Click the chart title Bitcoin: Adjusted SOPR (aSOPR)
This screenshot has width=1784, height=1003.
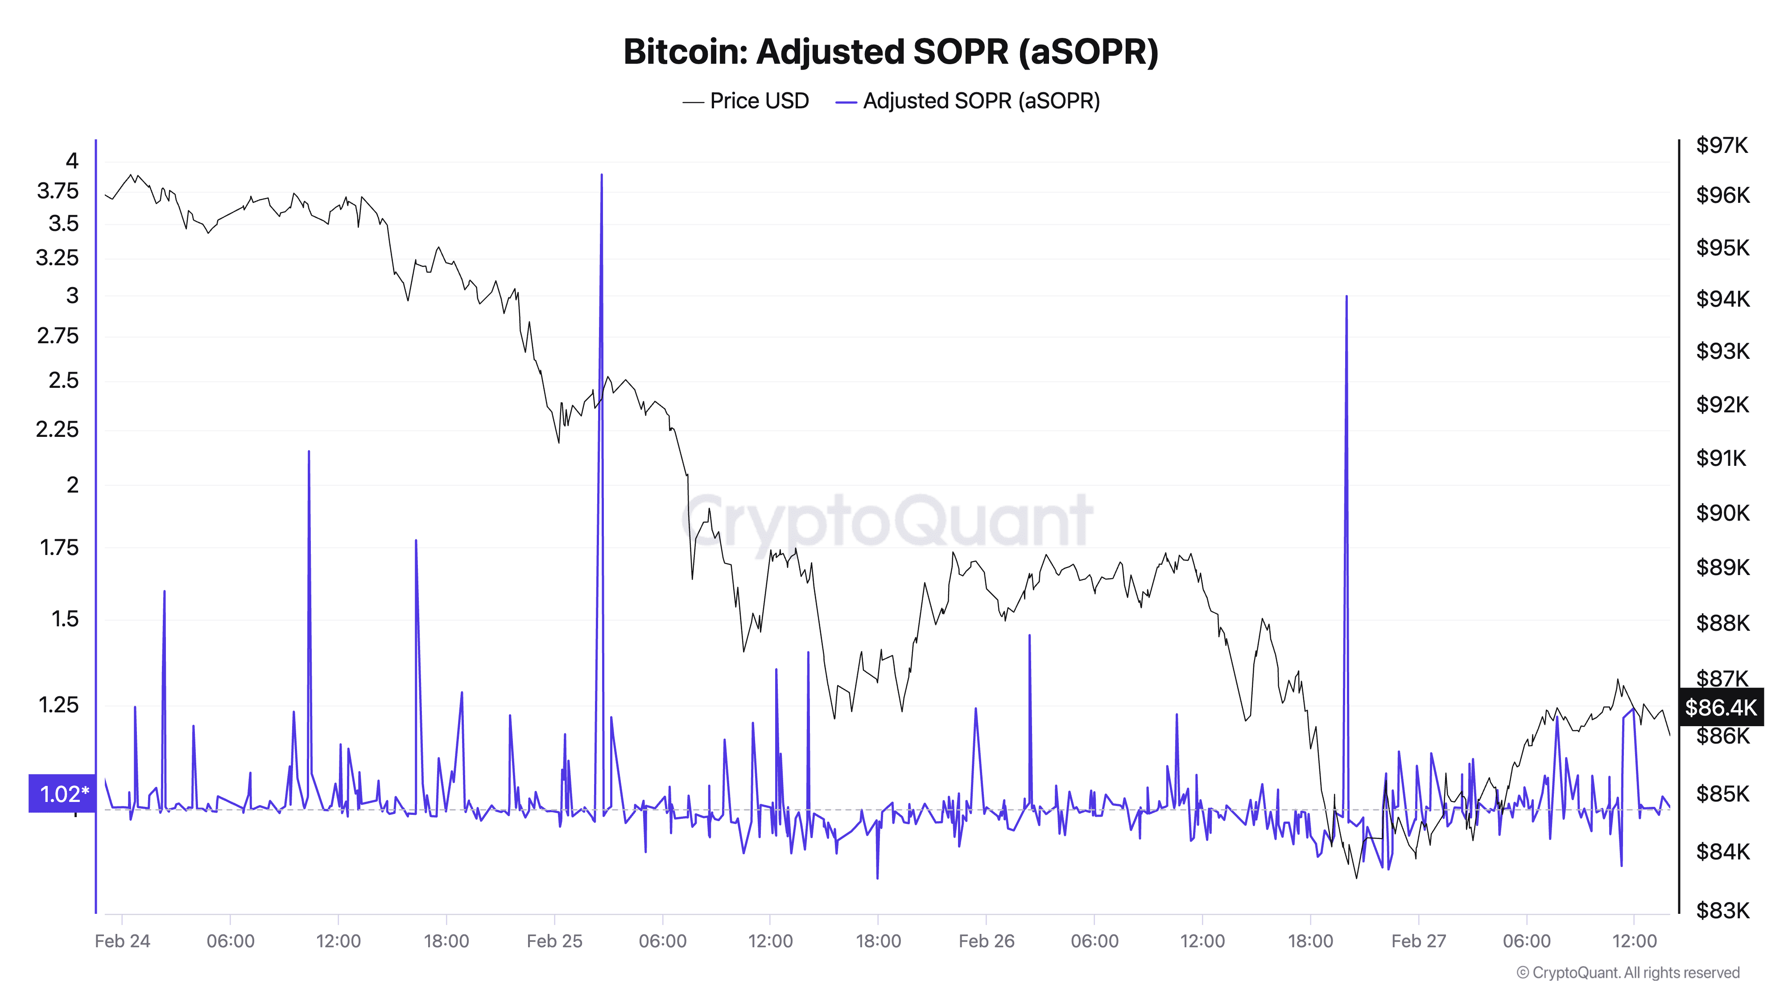(x=891, y=52)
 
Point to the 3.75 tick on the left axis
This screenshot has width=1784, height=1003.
(x=58, y=191)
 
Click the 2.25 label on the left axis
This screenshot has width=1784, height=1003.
(x=58, y=430)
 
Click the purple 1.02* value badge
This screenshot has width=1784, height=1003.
(x=62, y=793)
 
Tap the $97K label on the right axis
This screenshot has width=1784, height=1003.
(x=1722, y=145)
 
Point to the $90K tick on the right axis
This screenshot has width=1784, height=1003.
(x=1722, y=513)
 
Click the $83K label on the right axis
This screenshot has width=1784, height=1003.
(x=1722, y=910)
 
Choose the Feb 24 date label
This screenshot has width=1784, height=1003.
(x=123, y=941)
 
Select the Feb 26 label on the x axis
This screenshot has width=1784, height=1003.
(x=986, y=941)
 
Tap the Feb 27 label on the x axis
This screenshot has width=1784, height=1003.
(x=1418, y=941)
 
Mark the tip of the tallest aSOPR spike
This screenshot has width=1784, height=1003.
(x=601, y=175)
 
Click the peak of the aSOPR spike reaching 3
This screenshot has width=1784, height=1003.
(x=1346, y=296)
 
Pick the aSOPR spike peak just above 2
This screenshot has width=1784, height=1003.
(x=309, y=451)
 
